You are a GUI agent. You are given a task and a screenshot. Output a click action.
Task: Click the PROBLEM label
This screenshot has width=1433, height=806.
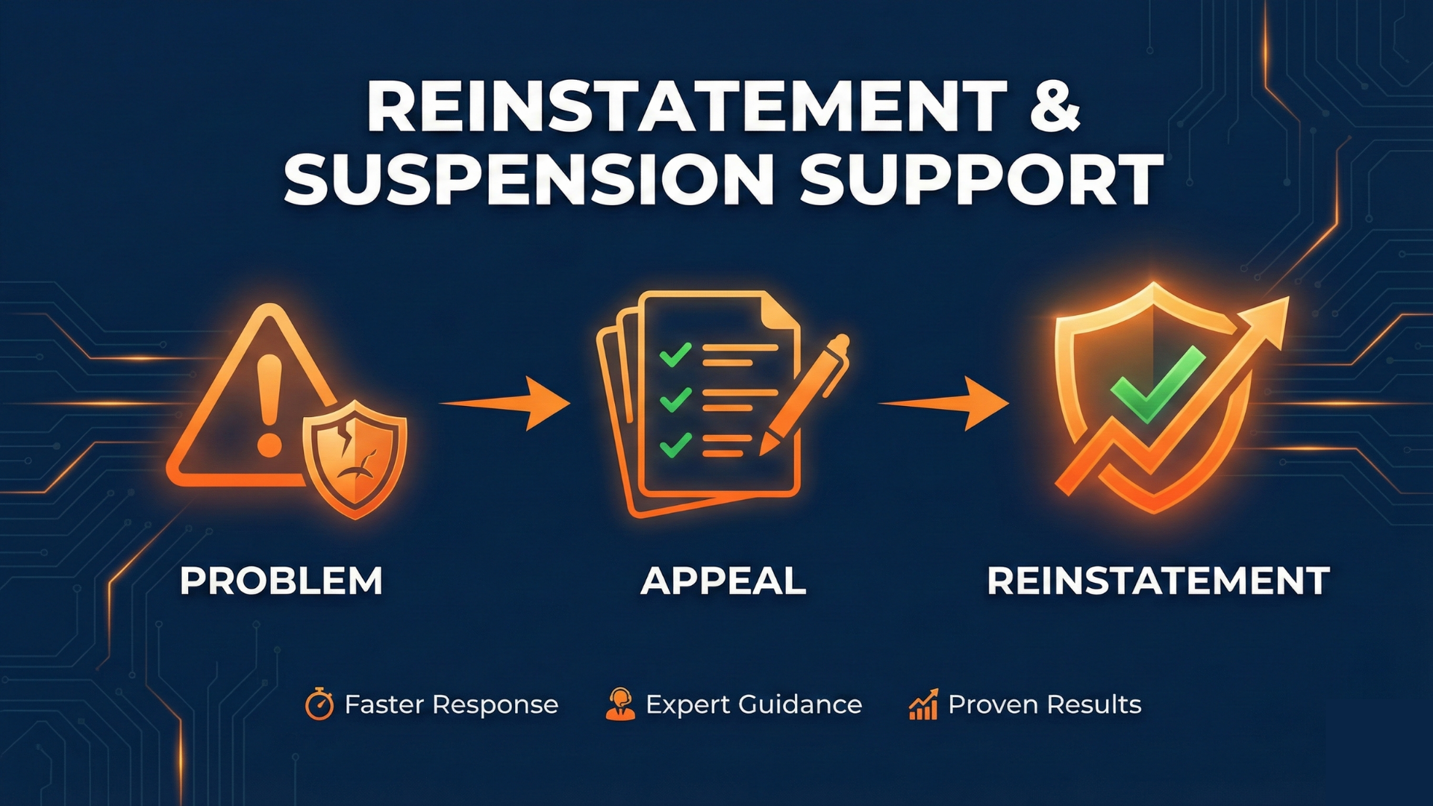click(281, 581)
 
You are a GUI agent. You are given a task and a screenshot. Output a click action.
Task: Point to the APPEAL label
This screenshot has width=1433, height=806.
click(723, 581)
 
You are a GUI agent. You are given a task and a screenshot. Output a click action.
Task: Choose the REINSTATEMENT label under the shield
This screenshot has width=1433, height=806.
click(1158, 581)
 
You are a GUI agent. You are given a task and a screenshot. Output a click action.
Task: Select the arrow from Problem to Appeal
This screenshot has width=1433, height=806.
click(508, 404)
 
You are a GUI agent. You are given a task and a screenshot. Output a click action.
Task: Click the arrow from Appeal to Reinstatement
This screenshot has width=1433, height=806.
click(946, 404)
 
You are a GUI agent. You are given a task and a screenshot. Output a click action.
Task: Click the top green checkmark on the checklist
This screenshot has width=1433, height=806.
click(675, 354)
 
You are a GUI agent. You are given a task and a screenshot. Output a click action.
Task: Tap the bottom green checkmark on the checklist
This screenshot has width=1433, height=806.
click(675, 445)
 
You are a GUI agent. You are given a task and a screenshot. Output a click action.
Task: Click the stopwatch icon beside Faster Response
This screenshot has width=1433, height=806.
click(319, 705)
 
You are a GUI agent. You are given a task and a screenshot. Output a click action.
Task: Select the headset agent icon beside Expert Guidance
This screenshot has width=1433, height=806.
click(620, 705)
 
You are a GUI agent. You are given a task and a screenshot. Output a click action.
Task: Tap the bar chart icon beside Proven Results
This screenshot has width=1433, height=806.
click(923, 705)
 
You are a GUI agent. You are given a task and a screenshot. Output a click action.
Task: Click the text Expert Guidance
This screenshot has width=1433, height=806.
click(754, 705)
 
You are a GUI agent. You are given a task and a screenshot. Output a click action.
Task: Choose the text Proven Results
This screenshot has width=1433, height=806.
click(1044, 705)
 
